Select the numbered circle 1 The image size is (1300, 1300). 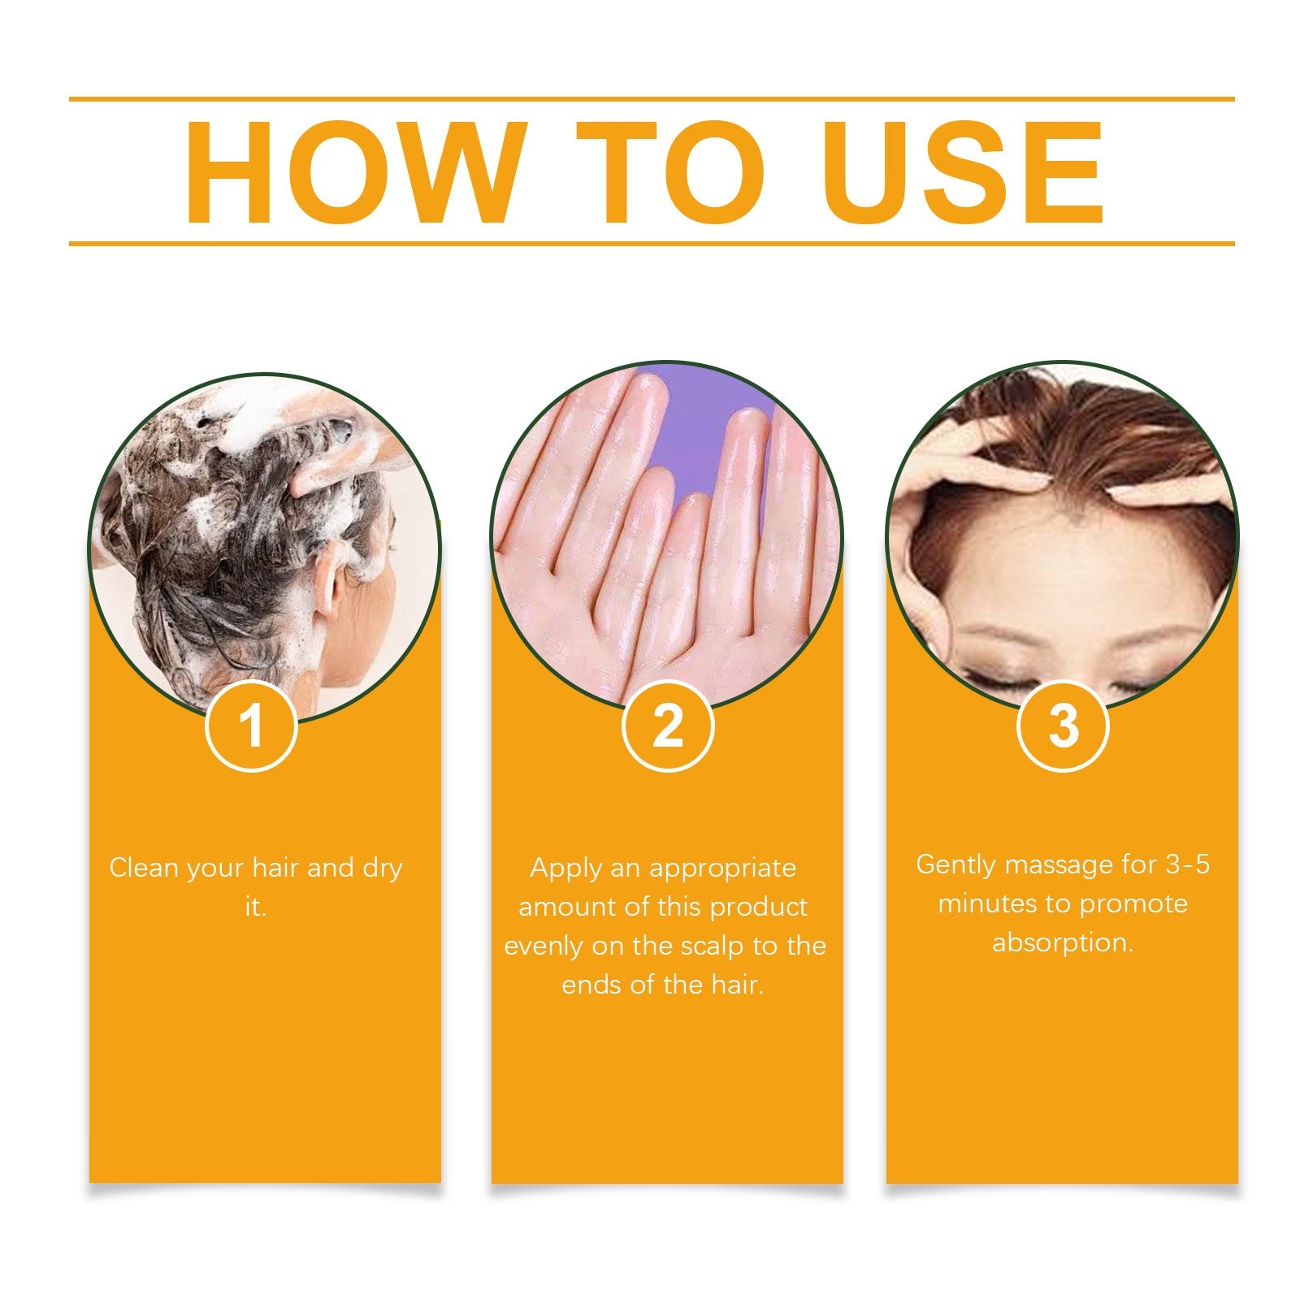[252, 726]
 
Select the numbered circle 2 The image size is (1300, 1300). [667, 726]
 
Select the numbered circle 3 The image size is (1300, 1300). [1063, 726]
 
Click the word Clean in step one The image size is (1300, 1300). [144, 868]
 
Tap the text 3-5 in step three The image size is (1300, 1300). [1187, 864]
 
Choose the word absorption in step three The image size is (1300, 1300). [1062, 943]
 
